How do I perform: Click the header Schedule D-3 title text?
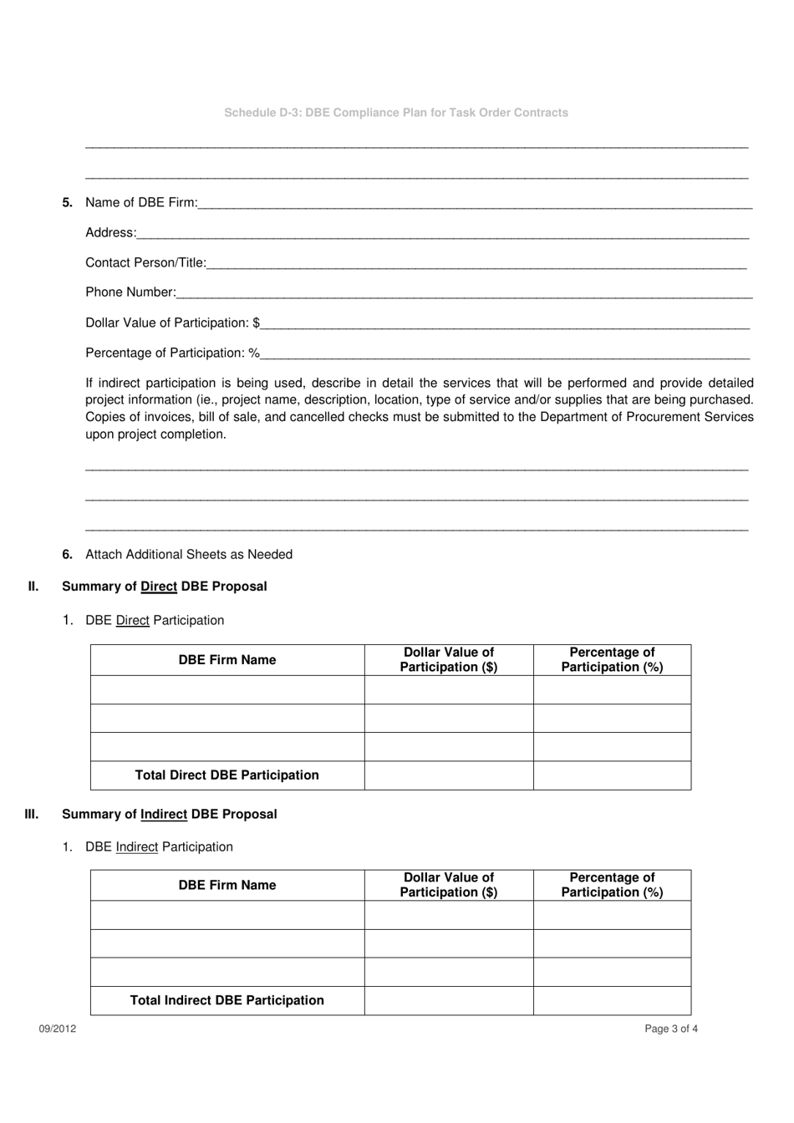click(395, 113)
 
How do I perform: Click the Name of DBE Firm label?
click(141, 202)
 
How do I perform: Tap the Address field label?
click(110, 232)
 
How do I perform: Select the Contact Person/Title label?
click(145, 262)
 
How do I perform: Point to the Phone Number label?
click(130, 292)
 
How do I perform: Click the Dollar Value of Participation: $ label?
click(172, 323)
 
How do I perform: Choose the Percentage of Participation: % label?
click(172, 353)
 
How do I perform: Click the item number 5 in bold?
click(68, 202)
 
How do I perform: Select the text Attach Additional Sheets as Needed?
click(189, 554)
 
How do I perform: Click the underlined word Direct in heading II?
click(159, 587)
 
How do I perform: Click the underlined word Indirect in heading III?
click(164, 814)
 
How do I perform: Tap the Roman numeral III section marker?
click(32, 814)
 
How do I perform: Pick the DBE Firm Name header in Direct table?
click(226, 660)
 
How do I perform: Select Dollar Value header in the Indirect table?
click(448, 885)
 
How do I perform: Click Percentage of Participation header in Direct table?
click(612, 659)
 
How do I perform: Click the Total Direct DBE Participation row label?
click(226, 775)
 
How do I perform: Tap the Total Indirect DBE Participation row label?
click(226, 1000)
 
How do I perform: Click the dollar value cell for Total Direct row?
click(448, 775)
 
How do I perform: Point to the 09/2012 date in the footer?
click(57, 1029)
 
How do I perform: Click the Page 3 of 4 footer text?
click(670, 1029)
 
